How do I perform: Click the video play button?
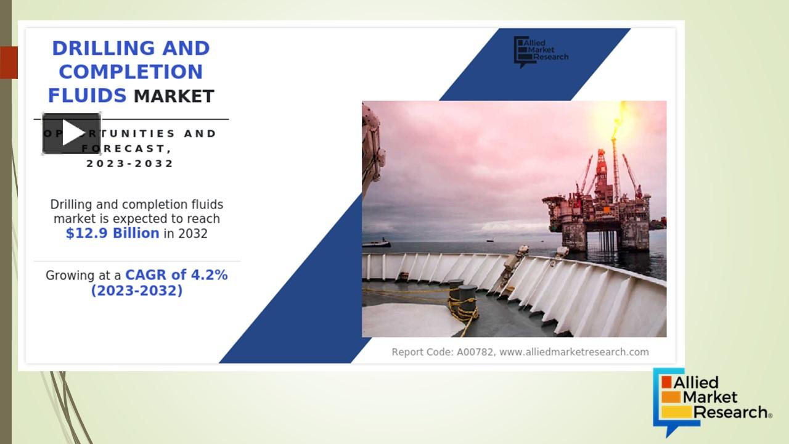point(72,133)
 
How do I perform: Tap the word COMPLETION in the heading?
point(131,72)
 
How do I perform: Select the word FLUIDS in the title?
point(87,96)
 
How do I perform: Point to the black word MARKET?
point(174,96)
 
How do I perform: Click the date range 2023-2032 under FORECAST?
point(130,163)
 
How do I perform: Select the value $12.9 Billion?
point(112,233)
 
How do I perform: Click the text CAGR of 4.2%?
point(176,275)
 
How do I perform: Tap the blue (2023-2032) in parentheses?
point(137,290)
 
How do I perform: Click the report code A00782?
point(475,352)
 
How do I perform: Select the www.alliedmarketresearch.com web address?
point(573,352)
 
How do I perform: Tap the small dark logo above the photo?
point(540,51)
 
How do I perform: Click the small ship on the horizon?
point(376,243)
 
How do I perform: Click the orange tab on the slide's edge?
point(9,62)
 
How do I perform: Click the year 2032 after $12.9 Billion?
point(193,234)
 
